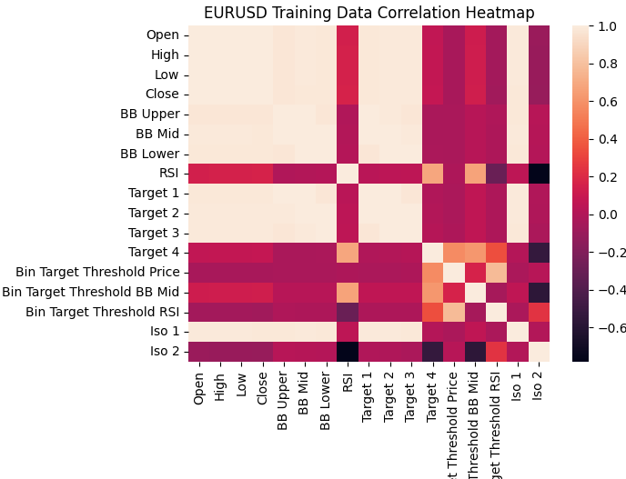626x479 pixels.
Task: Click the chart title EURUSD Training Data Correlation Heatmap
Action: coord(369,13)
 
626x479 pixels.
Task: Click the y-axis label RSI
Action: coord(168,173)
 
